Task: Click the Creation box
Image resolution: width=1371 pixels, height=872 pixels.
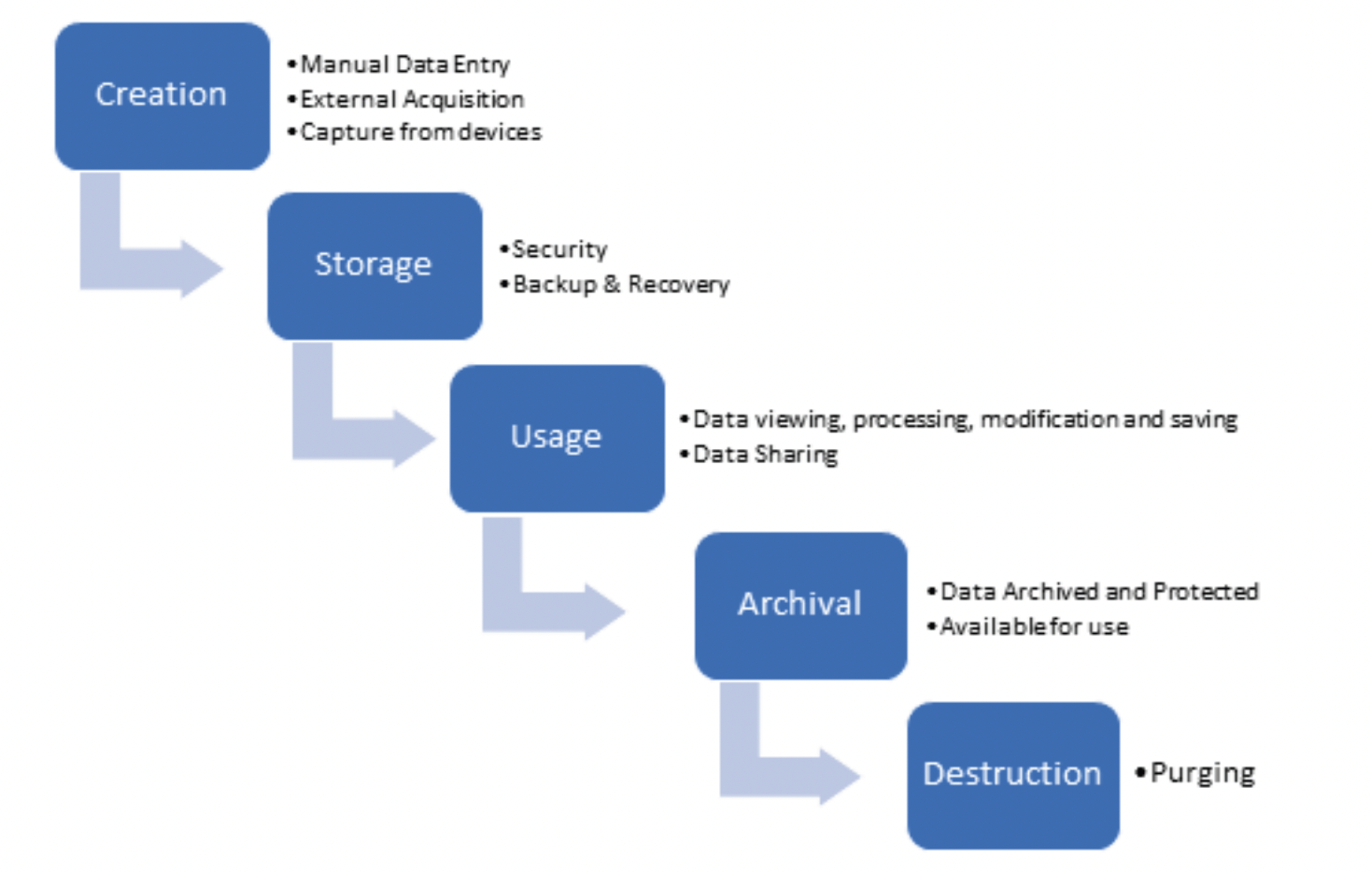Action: (162, 95)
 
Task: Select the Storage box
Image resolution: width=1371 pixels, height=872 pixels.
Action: (375, 265)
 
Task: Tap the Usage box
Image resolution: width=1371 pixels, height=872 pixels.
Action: (557, 438)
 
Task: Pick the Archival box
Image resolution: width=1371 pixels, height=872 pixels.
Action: (800, 605)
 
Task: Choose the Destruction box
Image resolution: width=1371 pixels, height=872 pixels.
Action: (1012, 775)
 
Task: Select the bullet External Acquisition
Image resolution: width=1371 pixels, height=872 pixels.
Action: (412, 99)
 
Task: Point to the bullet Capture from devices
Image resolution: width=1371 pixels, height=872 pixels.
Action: (420, 133)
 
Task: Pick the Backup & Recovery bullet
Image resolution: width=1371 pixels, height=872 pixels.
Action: (620, 284)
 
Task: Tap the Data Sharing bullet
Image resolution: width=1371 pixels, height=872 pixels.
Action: (765, 455)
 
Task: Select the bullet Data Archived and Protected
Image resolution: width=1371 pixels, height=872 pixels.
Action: (1098, 592)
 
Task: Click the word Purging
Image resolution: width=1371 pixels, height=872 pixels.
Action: (1202, 774)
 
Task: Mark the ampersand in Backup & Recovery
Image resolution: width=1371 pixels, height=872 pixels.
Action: (612, 284)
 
